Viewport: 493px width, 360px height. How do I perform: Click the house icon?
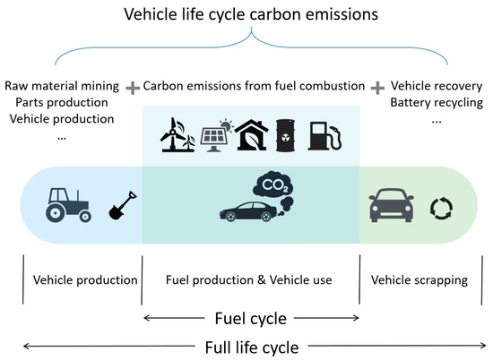pos(255,133)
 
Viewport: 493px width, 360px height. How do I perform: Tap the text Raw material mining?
pos(60,86)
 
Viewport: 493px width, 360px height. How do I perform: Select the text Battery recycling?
pos(437,102)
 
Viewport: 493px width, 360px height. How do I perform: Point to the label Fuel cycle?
pos(250,317)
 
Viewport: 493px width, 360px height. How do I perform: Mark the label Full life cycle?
pos(250,345)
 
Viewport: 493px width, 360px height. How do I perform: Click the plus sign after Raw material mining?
pos(133,87)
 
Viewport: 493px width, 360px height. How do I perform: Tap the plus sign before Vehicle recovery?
pos(376,87)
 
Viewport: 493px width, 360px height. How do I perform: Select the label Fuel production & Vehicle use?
pos(249,280)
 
